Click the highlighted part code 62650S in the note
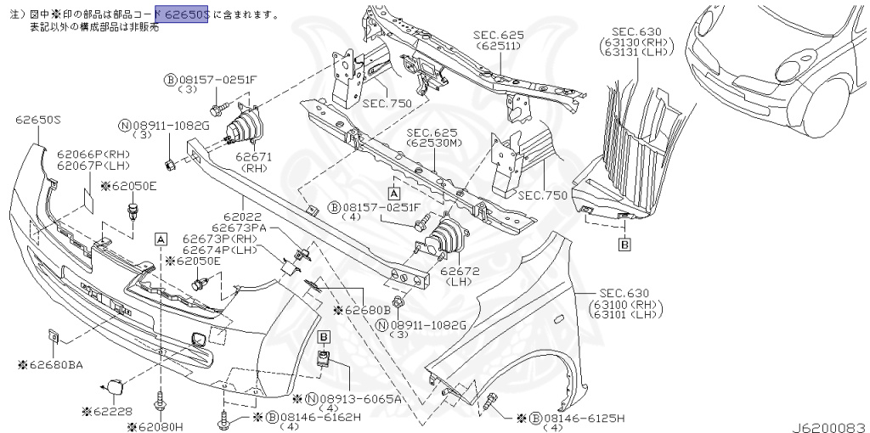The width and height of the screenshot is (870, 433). [187, 14]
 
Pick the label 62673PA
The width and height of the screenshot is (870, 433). [239, 228]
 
